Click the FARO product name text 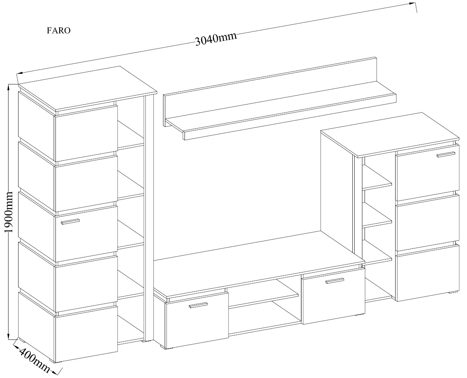(58, 30)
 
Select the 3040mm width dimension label (216, 39)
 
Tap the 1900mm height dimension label (9, 212)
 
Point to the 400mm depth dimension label (34, 361)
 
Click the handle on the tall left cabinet (70, 221)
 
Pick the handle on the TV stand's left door (198, 305)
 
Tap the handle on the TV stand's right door (335, 281)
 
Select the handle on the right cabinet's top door (446, 154)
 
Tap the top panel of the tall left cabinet (88, 88)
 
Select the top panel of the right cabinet (390, 134)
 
